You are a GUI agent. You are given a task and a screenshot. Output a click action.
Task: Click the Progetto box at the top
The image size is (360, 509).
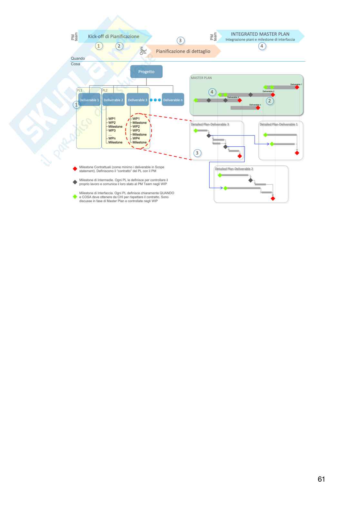coord(146,72)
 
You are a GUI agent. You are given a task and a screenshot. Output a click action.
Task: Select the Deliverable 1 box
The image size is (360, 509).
coord(89,100)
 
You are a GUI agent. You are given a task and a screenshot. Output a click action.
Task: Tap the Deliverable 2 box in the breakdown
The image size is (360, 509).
coord(113,100)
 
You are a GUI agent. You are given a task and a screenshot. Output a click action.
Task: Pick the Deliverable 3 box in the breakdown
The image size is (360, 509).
coord(137,100)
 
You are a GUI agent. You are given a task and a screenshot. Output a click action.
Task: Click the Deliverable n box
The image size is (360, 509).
coord(173,100)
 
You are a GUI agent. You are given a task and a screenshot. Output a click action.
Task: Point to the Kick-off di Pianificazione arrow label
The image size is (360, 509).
coord(114,36)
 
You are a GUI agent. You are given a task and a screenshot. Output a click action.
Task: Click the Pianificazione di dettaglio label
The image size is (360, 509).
coord(183,51)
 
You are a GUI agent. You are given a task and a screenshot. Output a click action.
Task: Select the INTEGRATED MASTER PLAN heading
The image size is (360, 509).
coord(260,34)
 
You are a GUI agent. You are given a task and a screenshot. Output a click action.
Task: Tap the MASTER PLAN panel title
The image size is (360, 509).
coord(201,78)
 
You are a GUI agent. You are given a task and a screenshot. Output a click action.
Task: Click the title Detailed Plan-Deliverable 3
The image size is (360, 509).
coord(210,124)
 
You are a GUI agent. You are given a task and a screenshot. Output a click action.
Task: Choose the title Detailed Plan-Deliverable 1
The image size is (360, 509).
coord(279,124)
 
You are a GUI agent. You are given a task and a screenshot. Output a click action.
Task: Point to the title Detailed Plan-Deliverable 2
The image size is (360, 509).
coord(234,169)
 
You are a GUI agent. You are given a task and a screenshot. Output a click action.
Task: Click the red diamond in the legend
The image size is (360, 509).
coord(75,169)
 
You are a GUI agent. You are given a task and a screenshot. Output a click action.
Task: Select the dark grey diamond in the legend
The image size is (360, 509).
coord(75,182)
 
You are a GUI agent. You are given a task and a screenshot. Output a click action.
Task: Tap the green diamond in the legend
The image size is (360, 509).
coord(75,197)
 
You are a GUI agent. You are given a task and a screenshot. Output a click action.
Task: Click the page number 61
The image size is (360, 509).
coord(321,479)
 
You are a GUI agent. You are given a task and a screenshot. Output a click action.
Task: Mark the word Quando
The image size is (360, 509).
coord(78,58)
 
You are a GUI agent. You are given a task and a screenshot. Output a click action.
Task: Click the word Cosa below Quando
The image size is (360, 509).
coord(75,64)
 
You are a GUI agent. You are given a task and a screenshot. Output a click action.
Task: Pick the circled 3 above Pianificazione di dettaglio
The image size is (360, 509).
coord(180,41)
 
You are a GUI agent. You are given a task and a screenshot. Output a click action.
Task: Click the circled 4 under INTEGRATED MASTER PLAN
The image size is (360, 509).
coord(262,46)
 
